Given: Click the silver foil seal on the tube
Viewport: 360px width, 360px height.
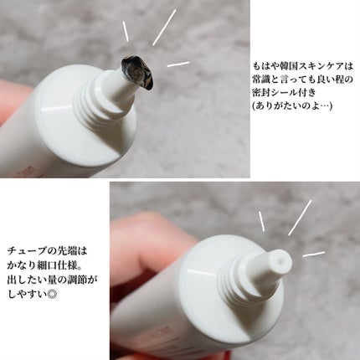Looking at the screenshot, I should coord(135,72).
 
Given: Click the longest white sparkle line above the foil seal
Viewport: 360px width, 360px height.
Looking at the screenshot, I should coord(164,26).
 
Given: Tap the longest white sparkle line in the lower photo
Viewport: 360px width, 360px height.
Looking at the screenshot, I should coord(300,217).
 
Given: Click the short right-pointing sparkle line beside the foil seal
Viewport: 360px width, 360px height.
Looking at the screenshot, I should coord(178,64).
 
